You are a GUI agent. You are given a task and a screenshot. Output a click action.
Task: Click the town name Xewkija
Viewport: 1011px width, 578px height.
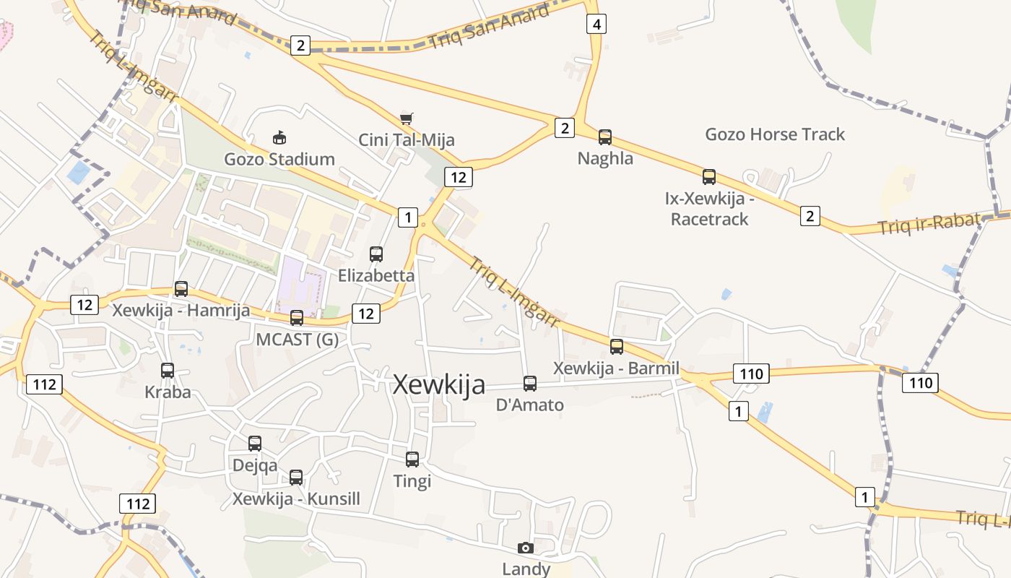pos(438,385)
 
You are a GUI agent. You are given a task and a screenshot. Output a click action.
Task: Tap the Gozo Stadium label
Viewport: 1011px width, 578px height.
pos(279,159)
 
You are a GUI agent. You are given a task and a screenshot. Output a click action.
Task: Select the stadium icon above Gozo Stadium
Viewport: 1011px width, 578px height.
pos(279,137)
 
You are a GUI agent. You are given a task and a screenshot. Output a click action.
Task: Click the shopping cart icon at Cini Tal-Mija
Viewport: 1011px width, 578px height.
pos(407,118)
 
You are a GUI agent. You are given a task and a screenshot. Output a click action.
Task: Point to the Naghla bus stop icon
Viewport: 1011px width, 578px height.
pos(605,137)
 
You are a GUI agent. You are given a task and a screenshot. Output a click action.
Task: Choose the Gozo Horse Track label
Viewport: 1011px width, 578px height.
pos(775,134)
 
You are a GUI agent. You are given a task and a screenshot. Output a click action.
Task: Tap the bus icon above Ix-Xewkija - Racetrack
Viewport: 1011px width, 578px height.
pos(709,176)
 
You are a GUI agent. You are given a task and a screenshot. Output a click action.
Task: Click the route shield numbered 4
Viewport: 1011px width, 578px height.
pos(596,24)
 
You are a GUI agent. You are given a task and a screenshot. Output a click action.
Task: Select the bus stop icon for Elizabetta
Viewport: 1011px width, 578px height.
pos(376,254)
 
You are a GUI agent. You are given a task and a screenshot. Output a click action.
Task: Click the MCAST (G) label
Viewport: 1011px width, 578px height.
pos(297,339)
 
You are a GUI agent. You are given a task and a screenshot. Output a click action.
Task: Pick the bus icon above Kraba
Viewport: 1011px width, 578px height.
pos(168,370)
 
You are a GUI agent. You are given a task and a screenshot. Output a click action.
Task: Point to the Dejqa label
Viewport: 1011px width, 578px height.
pos(254,465)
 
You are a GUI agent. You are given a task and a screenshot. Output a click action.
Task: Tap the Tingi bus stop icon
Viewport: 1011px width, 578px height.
pos(412,459)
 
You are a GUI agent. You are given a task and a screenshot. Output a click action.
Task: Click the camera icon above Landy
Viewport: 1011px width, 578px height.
pos(526,548)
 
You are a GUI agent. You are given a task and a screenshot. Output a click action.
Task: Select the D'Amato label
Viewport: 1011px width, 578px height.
pos(530,405)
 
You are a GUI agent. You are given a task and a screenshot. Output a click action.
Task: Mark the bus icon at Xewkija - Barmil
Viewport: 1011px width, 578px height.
pos(617,346)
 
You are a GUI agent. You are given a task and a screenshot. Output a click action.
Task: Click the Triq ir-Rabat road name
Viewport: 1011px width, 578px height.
pos(929,224)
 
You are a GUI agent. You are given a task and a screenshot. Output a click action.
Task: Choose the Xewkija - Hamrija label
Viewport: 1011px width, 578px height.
pos(181,311)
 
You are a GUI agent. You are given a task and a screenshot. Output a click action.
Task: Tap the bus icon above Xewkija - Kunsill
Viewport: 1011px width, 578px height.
pos(296,477)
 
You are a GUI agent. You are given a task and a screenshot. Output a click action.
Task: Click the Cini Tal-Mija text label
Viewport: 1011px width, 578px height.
pos(407,139)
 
